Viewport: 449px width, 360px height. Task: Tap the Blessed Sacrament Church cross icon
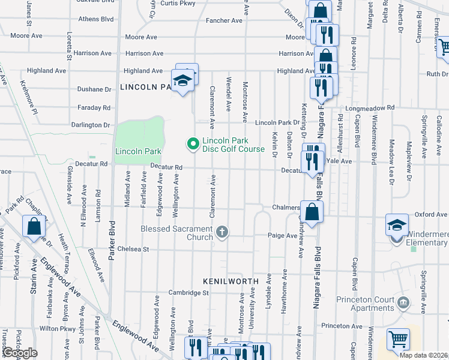click(x=222, y=232)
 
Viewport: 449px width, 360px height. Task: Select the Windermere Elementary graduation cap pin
click(x=397, y=225)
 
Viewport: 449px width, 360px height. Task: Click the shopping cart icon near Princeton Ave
click(x=397, y=339)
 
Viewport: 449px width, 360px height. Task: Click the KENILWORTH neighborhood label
click(x=231, y=281)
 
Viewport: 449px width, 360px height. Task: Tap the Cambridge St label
click(x=188, y=293)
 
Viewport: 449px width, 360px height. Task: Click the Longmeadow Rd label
click(x=373, y=108)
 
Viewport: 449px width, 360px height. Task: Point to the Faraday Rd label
click(x=94, y=108)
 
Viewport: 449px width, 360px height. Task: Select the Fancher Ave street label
click(x=224, y=20)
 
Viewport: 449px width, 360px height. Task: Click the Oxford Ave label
click(x=432, y=214)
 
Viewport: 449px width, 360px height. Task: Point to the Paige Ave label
click(x=282, y=236)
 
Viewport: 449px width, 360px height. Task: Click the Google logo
click(x=20, y=353)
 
